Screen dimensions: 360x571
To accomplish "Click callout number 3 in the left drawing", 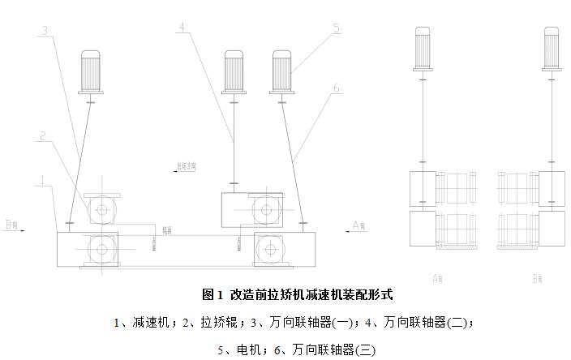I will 45,31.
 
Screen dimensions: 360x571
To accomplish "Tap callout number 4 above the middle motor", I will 183,27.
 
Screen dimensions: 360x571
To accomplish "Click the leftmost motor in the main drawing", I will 91,71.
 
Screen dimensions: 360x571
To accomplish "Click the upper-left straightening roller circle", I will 102,210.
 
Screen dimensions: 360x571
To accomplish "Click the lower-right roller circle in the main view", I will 269,248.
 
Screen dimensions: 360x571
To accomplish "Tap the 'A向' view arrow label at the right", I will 360,225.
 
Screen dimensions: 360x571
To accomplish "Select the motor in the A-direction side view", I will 424,48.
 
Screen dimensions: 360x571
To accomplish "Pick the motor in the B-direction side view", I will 551,48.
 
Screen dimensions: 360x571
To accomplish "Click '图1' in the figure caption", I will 212,294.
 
